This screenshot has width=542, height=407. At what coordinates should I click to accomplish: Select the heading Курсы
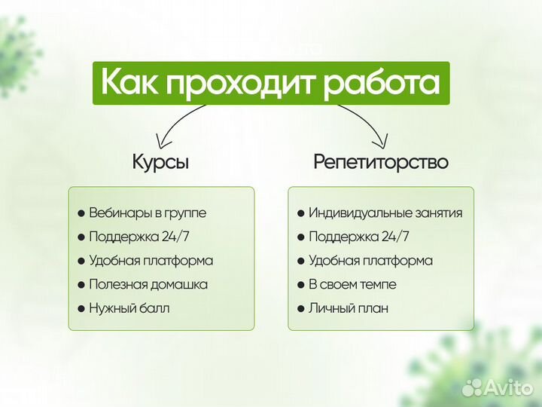[160, 162]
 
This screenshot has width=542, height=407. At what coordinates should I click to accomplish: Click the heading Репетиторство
[380, 162]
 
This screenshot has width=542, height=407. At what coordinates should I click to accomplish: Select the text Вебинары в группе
[147, 213]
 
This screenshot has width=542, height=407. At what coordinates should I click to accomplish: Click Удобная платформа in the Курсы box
[151, 261]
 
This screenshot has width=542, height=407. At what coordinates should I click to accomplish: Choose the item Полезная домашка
[148, 285]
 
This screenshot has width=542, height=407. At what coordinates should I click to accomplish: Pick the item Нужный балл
[129, 308]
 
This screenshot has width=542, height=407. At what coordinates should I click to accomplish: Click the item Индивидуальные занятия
[385, 213]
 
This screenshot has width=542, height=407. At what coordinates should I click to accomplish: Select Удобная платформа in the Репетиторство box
[370, 261]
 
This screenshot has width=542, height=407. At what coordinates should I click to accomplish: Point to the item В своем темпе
[352, 285]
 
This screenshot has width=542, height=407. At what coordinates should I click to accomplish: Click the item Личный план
[348, 308]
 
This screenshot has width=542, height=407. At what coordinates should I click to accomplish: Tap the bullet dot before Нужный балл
[81, 309]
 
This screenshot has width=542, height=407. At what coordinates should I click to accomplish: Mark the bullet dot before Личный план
[300, 309]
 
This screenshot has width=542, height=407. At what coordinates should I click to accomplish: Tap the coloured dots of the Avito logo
[472, 387]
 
